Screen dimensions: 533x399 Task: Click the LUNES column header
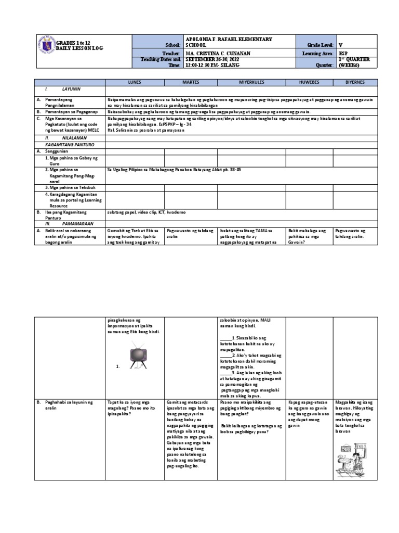pyautogui.click(x=135, y=83)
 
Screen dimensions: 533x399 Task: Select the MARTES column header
pyautogui.click(x=190, y=83)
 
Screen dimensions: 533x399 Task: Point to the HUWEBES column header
pyautogui.click(x=310, y=83)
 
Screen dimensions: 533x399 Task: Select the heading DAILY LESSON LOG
pyautogui.click(x=78, y=47)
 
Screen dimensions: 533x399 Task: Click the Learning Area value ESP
pyautogui.click(x=342, y=53)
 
